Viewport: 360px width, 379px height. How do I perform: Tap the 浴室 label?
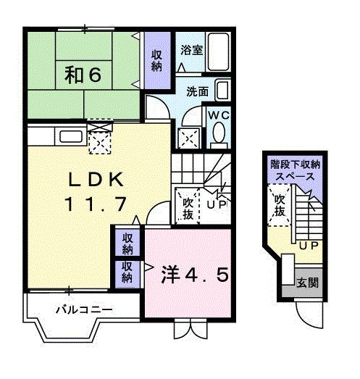[x=191, y=51]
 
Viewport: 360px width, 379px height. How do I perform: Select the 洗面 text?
[x=197, y=92]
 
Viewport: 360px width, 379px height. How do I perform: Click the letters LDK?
[x=99, y=178]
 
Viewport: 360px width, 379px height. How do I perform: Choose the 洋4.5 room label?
[x=195, y=275]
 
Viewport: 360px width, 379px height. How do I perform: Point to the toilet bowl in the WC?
[x=218, y=134]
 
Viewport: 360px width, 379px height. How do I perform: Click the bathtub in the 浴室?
[x=219, y=52]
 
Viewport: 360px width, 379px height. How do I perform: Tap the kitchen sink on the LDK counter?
[x=70, y=136]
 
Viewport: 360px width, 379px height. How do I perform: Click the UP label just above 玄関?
[x=308, y=245]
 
